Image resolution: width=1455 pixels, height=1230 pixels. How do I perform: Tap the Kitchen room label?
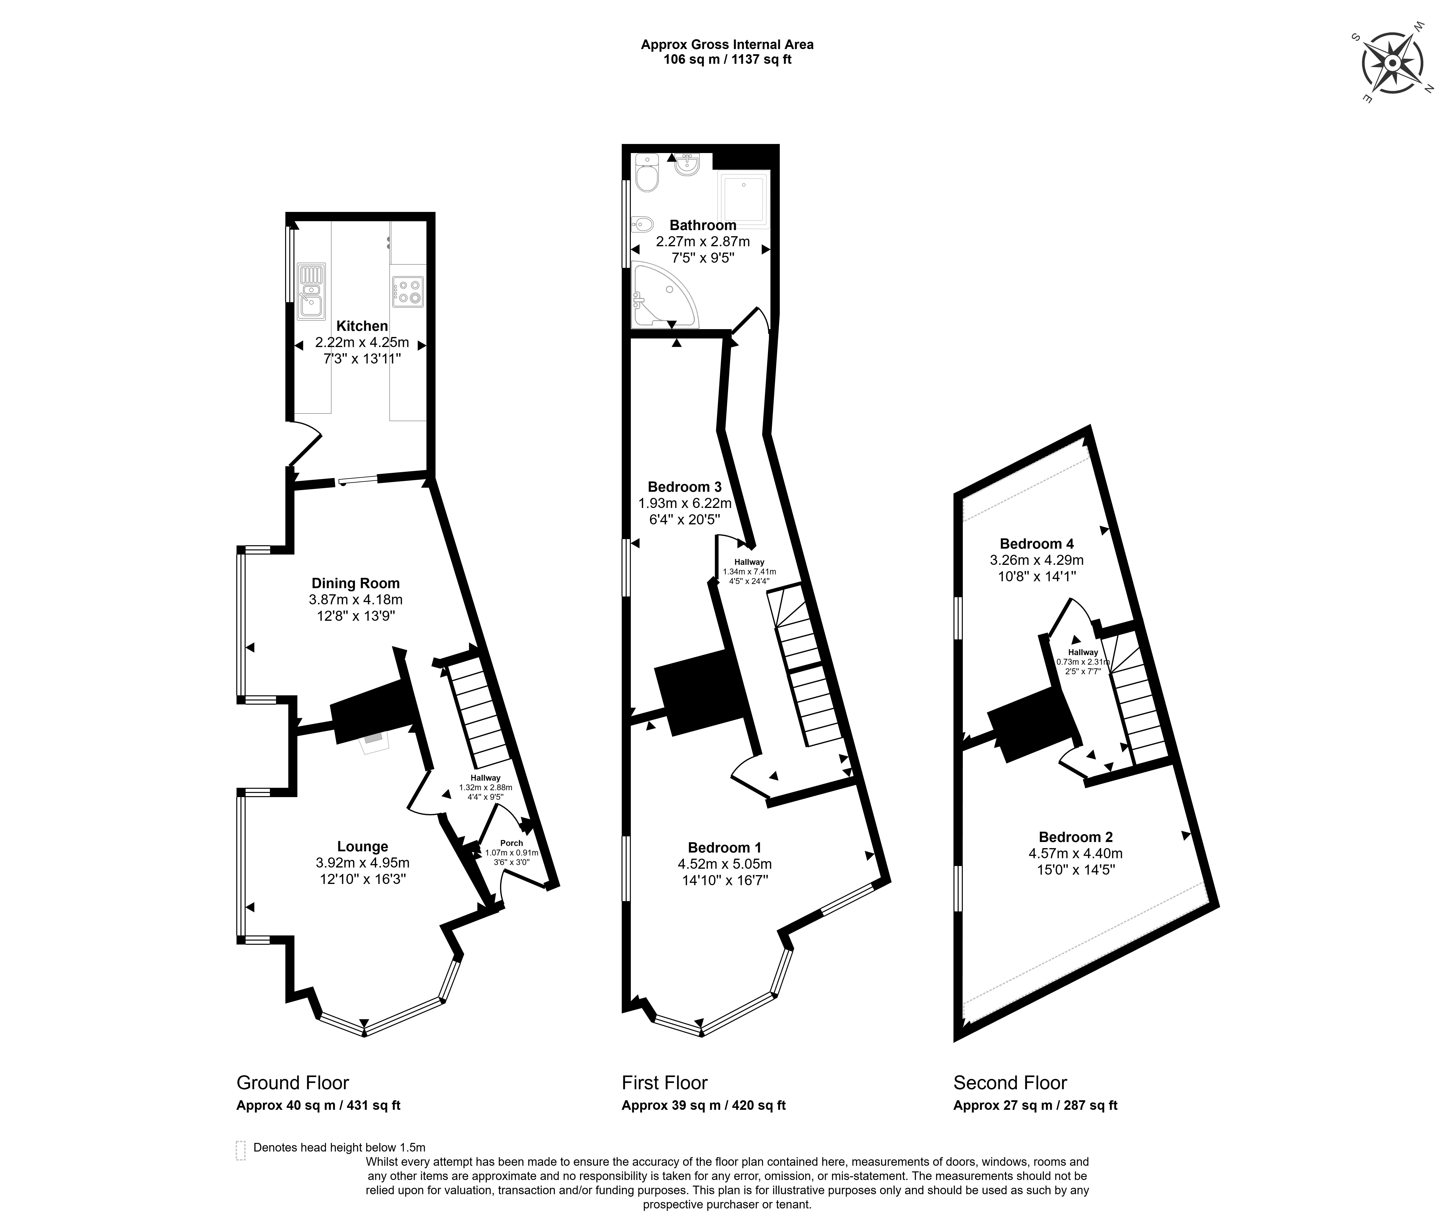click(362, 326)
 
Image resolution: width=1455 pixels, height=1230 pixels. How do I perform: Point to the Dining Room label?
click(356, 583)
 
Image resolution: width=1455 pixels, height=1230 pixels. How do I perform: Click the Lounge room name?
click(363, 846)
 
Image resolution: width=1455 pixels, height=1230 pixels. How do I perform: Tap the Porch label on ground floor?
click(511, 843)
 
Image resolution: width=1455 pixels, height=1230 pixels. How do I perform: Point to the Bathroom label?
click(703, 225)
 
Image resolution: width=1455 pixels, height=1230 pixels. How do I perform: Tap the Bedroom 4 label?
click(1036, 543)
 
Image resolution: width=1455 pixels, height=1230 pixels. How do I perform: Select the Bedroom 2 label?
click(1076, 837)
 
